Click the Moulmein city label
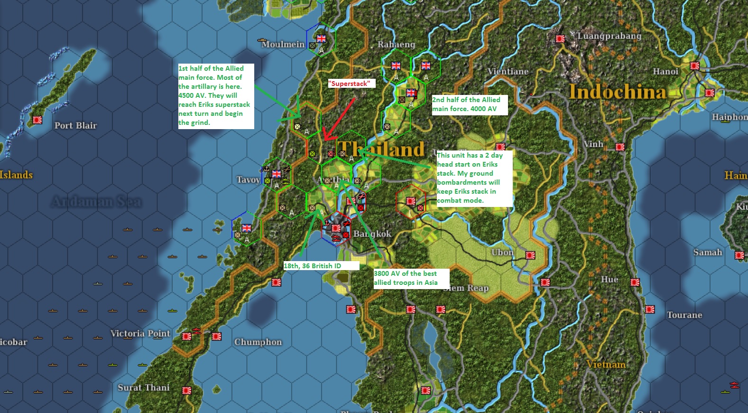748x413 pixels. pos(283,44)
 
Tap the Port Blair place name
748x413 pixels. pos(75,125)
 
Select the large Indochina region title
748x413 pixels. pos(617,92)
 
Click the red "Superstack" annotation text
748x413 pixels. pos(349,84)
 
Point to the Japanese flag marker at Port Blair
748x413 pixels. pos(37,120)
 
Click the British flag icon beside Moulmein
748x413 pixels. pos(321,38)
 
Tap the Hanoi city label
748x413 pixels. pos(665,71)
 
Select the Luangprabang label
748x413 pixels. pos(609,36)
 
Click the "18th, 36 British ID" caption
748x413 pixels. pos(313,266)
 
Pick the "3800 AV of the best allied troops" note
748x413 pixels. pos(406,278)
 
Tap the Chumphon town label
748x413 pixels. pos(258,342)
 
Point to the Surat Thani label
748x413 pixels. pos(143,387)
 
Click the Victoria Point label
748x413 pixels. pos(140,333)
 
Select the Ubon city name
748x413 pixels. pos(502,252)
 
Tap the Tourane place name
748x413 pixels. pos(684,315)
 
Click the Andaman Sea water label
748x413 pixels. pos(96,202)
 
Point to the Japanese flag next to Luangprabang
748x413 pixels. pos(560,38)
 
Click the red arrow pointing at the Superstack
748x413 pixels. pos(339,119)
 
